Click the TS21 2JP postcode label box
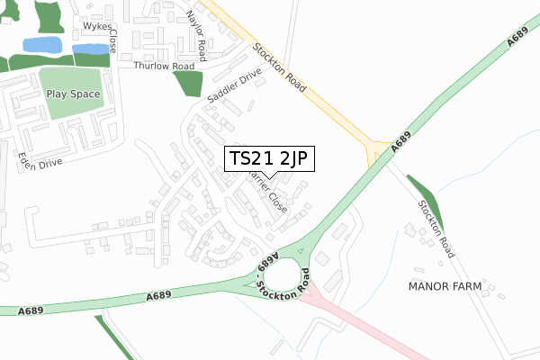point(269,158)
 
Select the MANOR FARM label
point(445,286)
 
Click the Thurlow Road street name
point(164,67)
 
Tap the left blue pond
point(41,44)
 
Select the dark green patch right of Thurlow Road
point(188,82)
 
